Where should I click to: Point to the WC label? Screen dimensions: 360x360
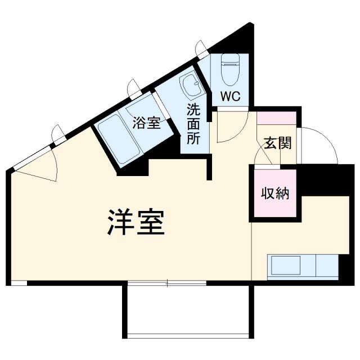230,96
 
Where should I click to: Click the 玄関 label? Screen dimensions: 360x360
277,143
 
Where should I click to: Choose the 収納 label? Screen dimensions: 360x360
275,194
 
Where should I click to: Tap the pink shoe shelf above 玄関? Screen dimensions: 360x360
277,119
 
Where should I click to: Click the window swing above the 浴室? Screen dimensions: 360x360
134,87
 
